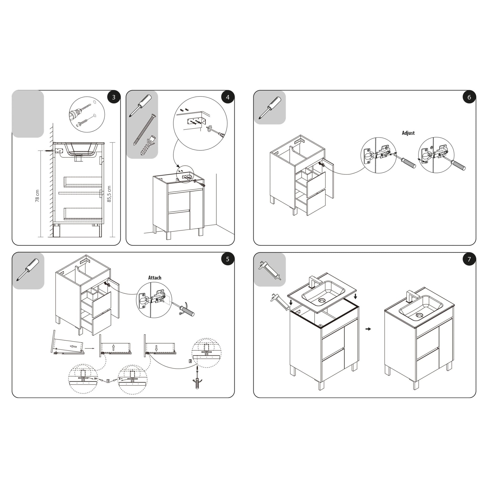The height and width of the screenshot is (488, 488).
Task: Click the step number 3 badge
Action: point(114,97)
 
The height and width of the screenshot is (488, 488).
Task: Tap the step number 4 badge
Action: point(228,97)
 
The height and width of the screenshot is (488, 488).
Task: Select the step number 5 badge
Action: point(228,259)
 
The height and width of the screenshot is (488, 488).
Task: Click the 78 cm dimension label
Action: point(37,196)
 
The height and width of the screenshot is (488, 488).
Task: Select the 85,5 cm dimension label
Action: point(109,194)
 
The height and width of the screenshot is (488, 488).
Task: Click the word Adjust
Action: point(408,133)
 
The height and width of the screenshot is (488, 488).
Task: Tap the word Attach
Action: point(155,278)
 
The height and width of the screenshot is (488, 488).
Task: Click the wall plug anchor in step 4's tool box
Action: point(147,146)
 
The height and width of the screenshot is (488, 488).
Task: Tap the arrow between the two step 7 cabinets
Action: point(369,329)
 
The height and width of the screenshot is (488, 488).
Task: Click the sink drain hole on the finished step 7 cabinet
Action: point(419,315)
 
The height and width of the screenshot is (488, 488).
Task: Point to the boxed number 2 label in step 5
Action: point(190,361)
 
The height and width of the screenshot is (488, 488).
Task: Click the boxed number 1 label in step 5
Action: point(108,381)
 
